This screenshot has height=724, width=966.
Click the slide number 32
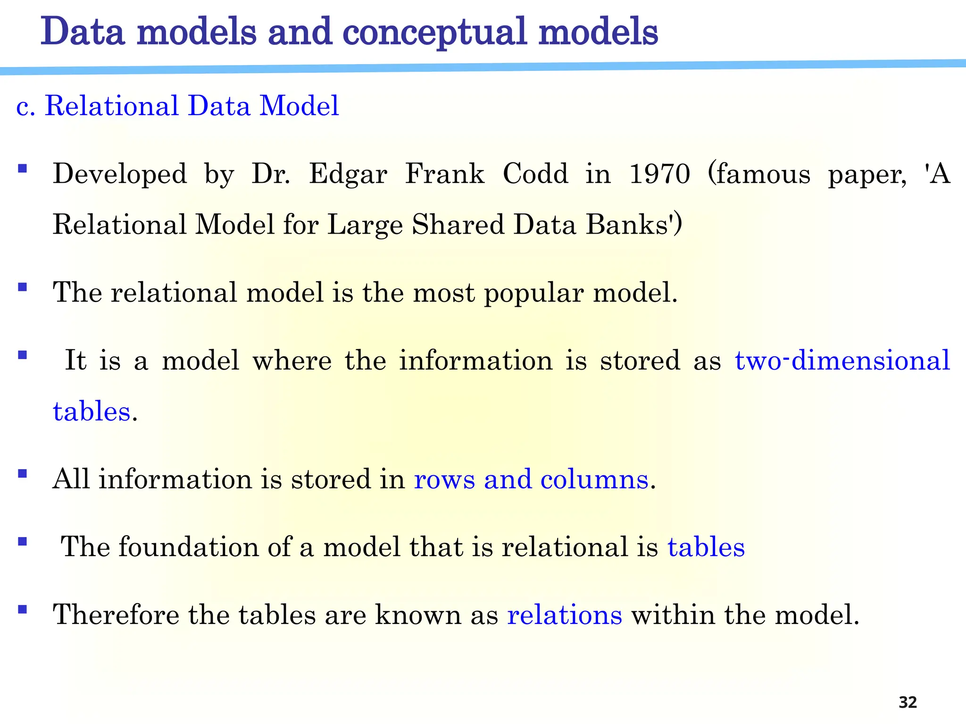tap(908, 702)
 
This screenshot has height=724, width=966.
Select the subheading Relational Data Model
tap(192, 105)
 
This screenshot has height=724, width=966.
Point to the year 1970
tap(659, 174)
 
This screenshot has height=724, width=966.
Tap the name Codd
tap(535, 174)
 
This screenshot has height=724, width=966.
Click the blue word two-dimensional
tap(842, 361)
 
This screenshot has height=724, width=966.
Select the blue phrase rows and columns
tap(531, 480)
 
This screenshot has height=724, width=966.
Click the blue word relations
tap(565, 615)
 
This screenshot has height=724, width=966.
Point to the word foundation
tap(188, 547)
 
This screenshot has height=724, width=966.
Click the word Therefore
tap(116, 615)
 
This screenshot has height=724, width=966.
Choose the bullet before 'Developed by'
tap(22, 168)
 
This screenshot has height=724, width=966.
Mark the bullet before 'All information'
tap(22, 473)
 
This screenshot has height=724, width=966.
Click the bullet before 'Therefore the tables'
tap(22, 609)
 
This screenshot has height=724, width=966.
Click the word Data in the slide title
tap(83, 32)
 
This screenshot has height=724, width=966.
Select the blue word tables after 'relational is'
tap(706, 547)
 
